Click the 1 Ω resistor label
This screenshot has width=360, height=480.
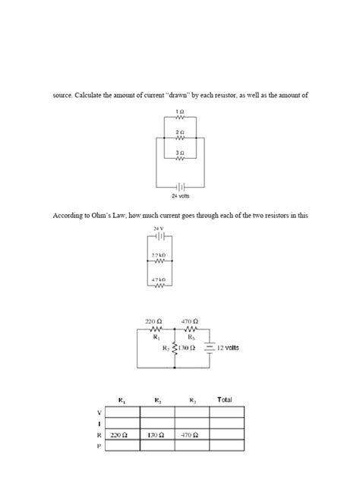pos(179,111)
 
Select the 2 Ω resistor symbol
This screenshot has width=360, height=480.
pos(179,139)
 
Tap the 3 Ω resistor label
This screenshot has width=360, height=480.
pos(179,152)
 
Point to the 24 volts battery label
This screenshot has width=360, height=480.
pos(180,194)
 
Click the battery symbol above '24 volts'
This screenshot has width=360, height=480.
pos(180,185)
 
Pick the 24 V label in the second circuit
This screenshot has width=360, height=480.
pos(159,229)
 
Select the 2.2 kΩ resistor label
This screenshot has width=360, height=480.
pos(159,254)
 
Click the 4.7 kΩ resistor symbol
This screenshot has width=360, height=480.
pos(159,288)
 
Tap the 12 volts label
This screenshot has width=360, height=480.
pos(228,348)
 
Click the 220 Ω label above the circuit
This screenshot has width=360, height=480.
pos(154,321)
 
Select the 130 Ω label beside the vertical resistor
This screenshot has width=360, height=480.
pos(187,348)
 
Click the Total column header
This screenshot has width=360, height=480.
pos(225,399)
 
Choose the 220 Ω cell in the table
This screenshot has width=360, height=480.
pos(119,436)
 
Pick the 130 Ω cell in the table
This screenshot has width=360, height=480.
pos(156,436)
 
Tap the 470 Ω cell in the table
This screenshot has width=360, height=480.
pos(191,436)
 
